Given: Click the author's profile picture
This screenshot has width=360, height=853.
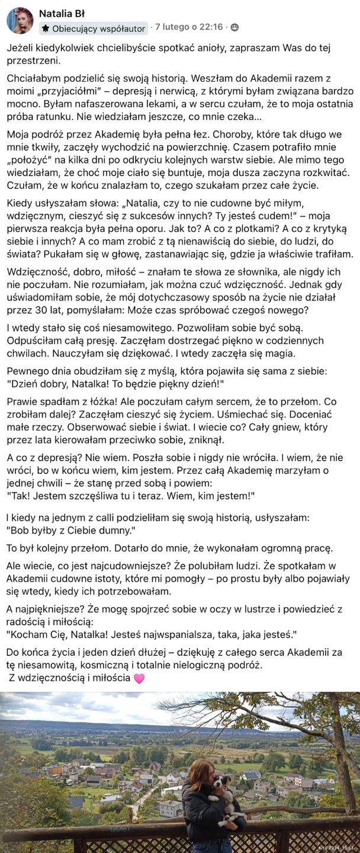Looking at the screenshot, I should [20, 21].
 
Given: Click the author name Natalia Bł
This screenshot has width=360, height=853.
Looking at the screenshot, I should [65, 13].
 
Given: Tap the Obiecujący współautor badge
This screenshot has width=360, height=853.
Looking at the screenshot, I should [94, 28].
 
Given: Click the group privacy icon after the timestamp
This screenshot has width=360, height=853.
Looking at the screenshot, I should [234, 27].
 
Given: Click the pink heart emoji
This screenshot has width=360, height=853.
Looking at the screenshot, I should [139, 678].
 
